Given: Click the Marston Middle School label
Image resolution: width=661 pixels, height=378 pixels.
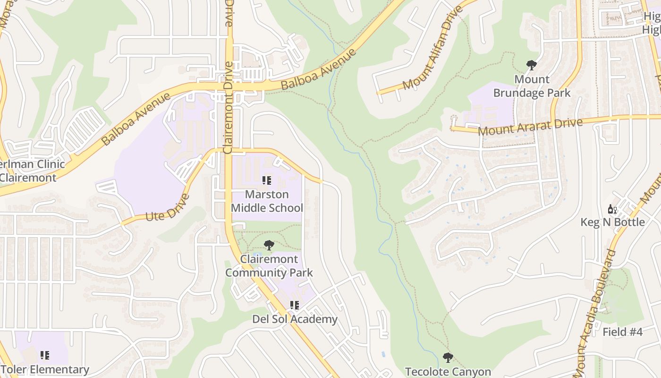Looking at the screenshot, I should point(267,201).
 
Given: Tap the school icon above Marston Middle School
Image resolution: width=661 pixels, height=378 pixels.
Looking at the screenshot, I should point(267,180).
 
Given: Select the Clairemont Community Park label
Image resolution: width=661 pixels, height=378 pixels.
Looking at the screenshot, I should point(269,266).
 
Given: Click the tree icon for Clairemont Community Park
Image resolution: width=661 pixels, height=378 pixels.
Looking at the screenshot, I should point(269,245).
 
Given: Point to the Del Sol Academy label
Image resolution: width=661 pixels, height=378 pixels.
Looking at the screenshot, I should point(295,319).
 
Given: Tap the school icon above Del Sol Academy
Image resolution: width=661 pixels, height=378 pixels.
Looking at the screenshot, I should point(295,305).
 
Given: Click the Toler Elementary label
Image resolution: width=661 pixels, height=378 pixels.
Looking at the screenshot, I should point(45,369).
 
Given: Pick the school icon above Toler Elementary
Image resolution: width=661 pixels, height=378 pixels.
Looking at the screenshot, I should point(45,355).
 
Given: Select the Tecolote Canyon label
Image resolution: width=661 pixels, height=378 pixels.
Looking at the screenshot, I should point(448,372).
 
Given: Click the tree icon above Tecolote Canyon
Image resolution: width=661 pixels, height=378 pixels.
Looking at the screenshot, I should point(448,357).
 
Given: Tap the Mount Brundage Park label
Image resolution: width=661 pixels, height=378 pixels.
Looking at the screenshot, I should point(532,86).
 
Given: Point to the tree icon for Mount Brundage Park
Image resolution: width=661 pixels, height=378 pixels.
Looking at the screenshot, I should point(532,65).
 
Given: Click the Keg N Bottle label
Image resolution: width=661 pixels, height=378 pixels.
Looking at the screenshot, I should point(612,222).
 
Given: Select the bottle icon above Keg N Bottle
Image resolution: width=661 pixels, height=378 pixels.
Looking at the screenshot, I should point(612,208).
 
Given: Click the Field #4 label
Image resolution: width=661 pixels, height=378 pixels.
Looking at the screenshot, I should point(622,332).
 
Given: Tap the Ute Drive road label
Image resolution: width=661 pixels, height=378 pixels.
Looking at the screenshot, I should point(168,208).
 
